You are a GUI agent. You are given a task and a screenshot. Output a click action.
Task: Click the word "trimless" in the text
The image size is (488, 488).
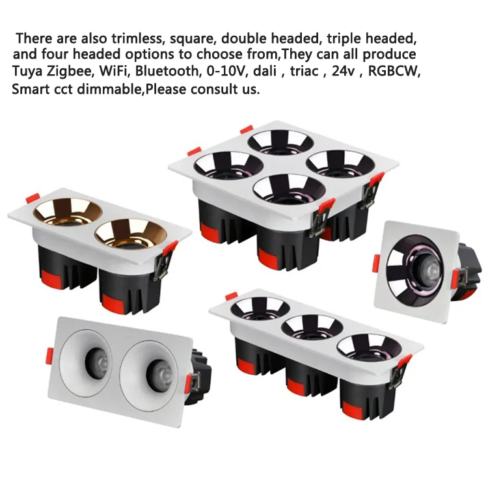(x=141, y=37)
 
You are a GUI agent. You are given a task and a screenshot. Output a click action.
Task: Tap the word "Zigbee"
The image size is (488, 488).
(x=73, y=71)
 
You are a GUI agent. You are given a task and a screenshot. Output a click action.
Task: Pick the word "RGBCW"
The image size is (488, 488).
(x=394, y=71)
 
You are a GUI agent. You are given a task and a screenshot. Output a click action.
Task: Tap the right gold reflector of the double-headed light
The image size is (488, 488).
(x=126, y=232)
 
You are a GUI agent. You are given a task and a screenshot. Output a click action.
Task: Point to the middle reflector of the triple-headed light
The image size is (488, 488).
(x=312, y=326)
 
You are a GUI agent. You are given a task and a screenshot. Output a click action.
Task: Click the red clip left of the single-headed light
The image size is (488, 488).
(x=376, y=263)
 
